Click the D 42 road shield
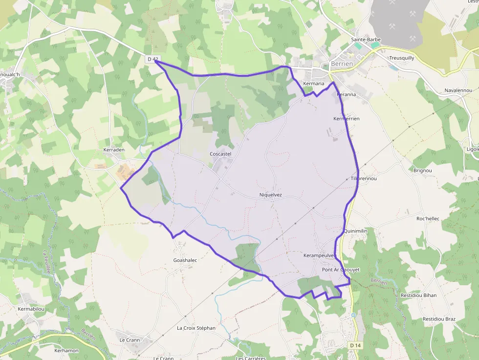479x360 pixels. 153,59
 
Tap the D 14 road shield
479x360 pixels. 355,345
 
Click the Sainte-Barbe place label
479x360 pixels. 366,40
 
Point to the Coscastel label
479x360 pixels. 220,154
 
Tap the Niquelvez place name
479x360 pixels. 270,195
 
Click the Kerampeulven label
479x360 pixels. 319,255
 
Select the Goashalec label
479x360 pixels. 185,260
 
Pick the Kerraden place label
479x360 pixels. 114,149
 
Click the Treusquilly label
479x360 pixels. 401,58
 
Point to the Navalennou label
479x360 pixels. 458,91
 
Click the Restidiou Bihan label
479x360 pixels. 418,296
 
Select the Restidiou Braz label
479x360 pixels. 439,319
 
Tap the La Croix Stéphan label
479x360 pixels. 196,328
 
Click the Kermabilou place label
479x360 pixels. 31,309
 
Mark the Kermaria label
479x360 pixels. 313,84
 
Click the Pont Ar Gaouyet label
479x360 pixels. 341,270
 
